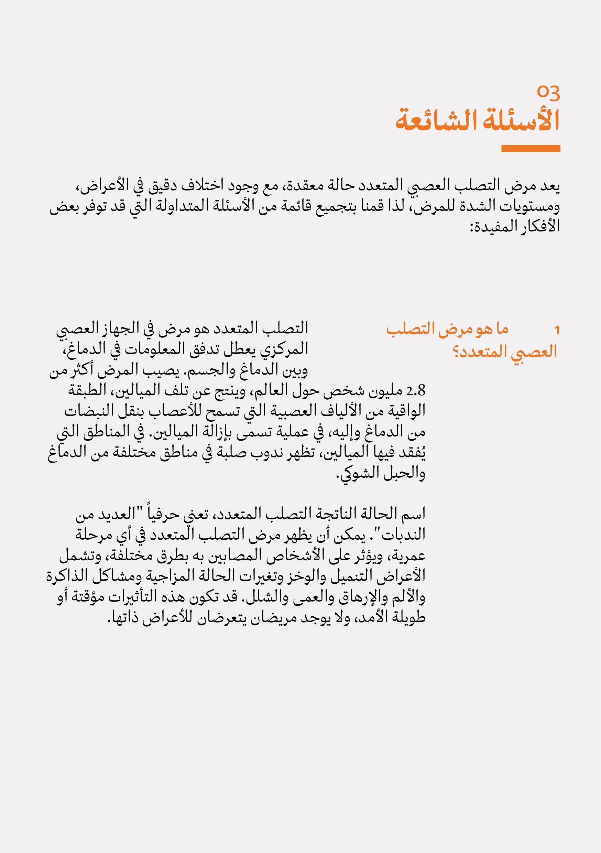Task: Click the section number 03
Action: tap(548, 93)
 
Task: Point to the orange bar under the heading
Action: tap(531, 148)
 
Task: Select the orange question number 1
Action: tap(556, 330)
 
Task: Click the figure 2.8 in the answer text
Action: tap(416, 391)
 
